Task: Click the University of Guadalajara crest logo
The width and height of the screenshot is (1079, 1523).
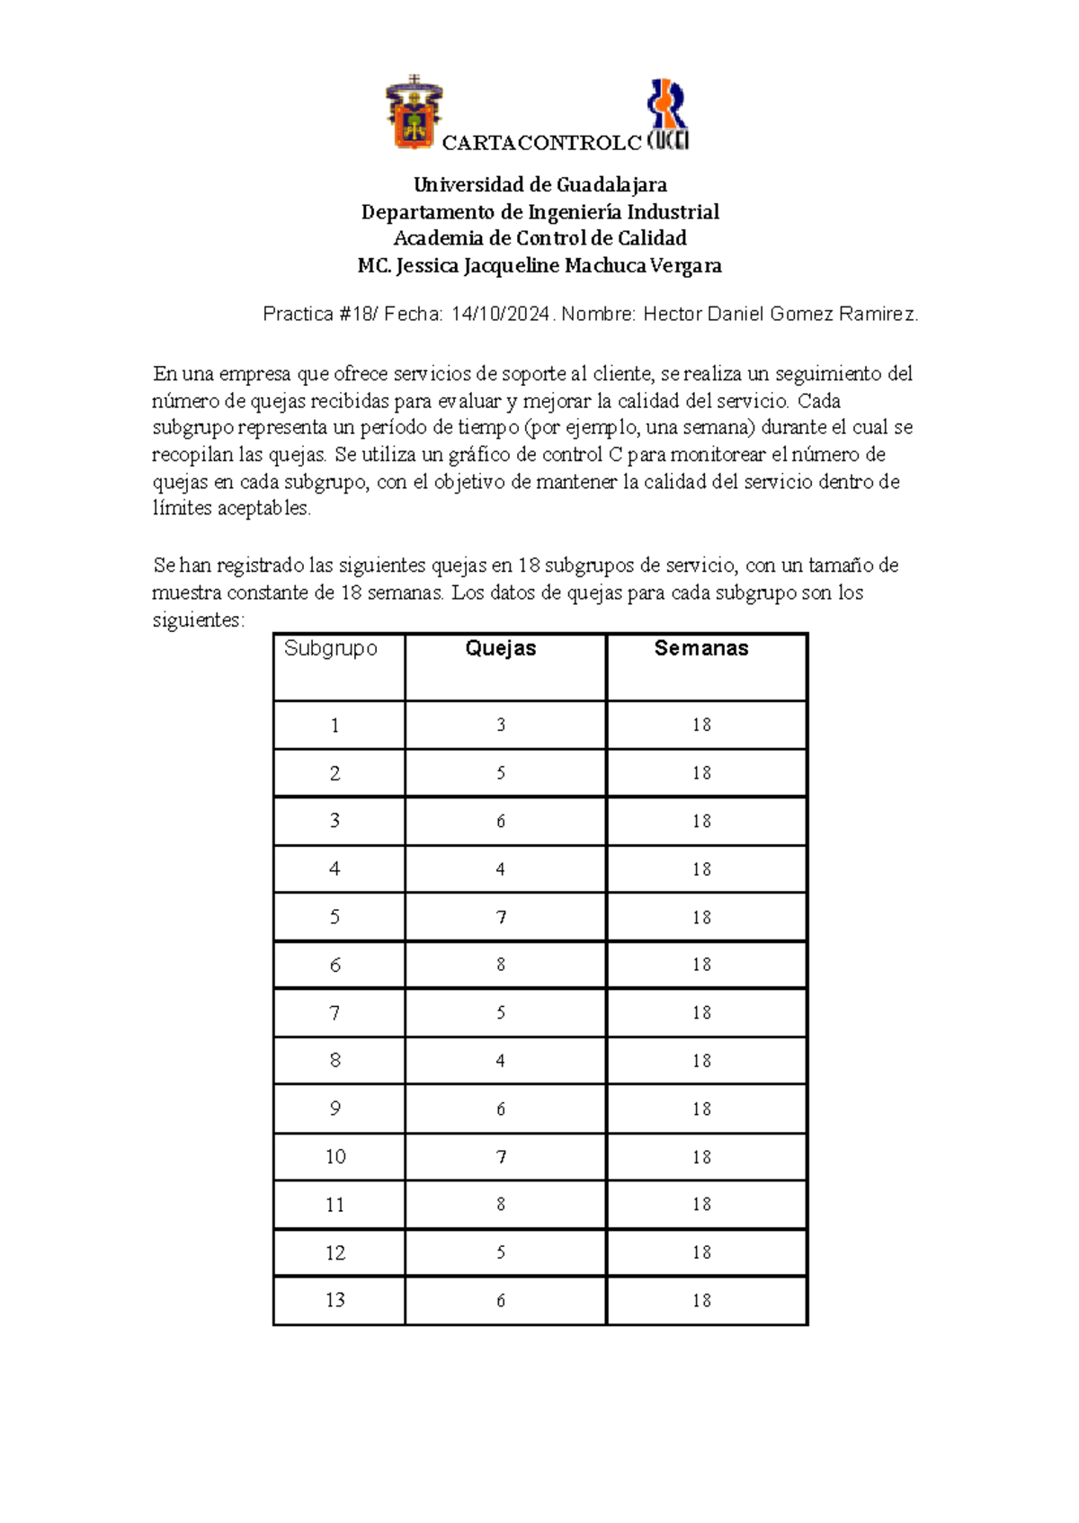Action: pyautogui.click(x=414, y=112)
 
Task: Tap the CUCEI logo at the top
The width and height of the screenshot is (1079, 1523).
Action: pyautogui.click(x=668, y=115)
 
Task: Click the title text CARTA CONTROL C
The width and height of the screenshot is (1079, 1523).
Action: pyautogui.click(x=541, y=143)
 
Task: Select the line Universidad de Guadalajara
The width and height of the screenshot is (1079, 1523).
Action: pyautogui.click(x=539, y=185)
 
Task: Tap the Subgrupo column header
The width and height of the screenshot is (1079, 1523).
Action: pyautogui.click(x=331, y=648)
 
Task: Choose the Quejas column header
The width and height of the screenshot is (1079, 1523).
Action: pyautogui.click(x=501, y=648)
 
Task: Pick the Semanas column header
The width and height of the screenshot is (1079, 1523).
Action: pyautogui.click(x=701, y=648)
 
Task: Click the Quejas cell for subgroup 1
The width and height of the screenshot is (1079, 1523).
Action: pyautogui.click(x=501, y=725)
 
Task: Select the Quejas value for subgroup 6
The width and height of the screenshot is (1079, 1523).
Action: pyautogui.click(x=501, y=965)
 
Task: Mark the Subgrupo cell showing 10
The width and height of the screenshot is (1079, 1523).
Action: pyautogui.click(x=335, y=1156)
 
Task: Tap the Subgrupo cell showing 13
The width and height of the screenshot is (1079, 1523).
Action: pyautogui.click(x=335, y=1300)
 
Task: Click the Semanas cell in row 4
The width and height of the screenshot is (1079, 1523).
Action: pyautogui.click(x=701, y=869)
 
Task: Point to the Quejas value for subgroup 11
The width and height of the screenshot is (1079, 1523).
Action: pyautogui.click(x=501, y=1205)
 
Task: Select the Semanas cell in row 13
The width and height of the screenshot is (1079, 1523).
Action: pyautogui.click(x=701, y=1300)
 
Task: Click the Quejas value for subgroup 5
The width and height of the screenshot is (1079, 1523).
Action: pyautogui.click(x=501, y=917)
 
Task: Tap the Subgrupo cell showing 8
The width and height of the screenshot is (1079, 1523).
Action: pyautogui.click(x=335, y=1061)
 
